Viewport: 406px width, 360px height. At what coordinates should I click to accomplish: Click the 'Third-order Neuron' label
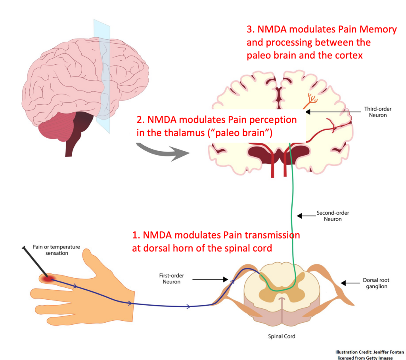375,112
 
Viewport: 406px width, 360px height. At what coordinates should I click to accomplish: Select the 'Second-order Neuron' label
333,216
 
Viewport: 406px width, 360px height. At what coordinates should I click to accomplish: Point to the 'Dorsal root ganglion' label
375,283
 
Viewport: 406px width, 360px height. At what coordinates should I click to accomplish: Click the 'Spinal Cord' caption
282,336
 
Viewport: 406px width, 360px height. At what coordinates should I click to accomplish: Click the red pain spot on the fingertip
48,279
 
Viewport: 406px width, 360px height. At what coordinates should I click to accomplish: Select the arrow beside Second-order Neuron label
304,216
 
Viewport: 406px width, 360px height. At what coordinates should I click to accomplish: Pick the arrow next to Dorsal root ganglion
349,283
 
